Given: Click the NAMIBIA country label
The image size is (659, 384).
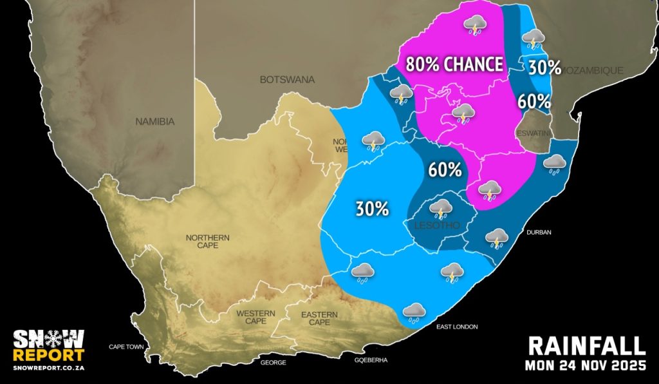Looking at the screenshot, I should click(155, 121).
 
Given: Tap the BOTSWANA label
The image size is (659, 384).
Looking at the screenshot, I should click(287, 80).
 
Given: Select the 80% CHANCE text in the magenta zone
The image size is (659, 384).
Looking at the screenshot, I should click(454, 64).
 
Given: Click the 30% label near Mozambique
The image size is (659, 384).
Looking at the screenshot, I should click(545, 68).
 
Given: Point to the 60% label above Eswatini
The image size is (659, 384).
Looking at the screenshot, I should click(534, 101).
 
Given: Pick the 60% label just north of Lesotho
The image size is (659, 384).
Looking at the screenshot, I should click(445, 170).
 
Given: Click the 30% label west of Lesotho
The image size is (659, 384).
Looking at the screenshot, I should click(373, 209).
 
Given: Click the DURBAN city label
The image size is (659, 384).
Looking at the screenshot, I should click(539, 232).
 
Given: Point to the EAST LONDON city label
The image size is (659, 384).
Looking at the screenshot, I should click(457, 327).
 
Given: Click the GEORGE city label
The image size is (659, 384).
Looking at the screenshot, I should click(273, 363).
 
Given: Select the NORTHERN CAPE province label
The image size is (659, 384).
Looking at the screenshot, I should click(207, 242).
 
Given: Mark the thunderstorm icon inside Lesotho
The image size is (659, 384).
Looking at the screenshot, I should click(441, 208).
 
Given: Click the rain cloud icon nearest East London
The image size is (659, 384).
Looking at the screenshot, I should click(413, 312).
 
